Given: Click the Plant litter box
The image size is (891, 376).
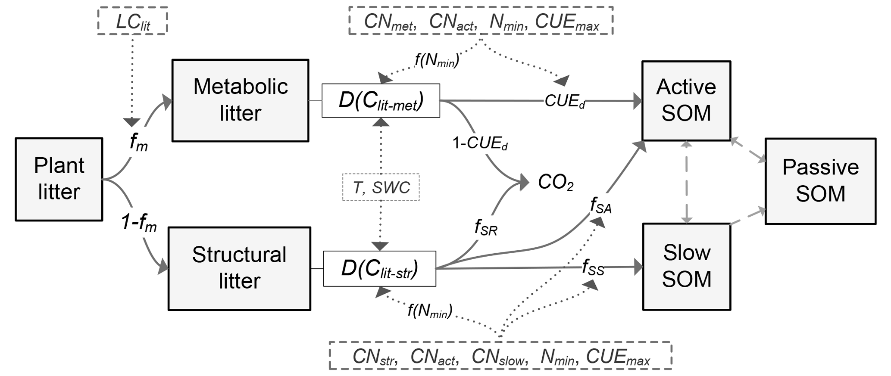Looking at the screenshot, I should click(x=59, y=179).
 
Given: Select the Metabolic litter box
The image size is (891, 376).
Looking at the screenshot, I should click(x=240, y=100).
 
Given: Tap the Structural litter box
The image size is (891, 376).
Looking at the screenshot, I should click(x=239, y=268).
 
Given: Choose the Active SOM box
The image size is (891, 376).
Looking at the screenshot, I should click(x=686, y=100).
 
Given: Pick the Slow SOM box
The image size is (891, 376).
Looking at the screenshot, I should click(x=686, y=266).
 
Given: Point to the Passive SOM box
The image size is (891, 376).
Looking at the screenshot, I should click(x=820, y=181).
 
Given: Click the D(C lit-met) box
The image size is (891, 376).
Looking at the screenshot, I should click(x=381, y=101).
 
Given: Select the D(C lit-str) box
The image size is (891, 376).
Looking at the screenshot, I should click(x=379, y=269).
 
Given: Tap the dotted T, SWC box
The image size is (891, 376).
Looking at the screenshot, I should click(x=381, y=187).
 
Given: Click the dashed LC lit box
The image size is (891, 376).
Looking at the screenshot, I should click(x=132, y=21).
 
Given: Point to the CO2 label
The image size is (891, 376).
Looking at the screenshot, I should click(x=556, y=183).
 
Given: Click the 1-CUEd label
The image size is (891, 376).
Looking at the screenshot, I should click(x=480, y=143).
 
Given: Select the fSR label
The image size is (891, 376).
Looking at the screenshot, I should click(x=486, y=227).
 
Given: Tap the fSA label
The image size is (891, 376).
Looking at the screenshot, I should click(x=600, y=206).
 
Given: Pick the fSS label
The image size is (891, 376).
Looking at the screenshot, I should click(x=593, y=268).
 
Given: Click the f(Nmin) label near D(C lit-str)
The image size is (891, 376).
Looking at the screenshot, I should click(x=430, y=310).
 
